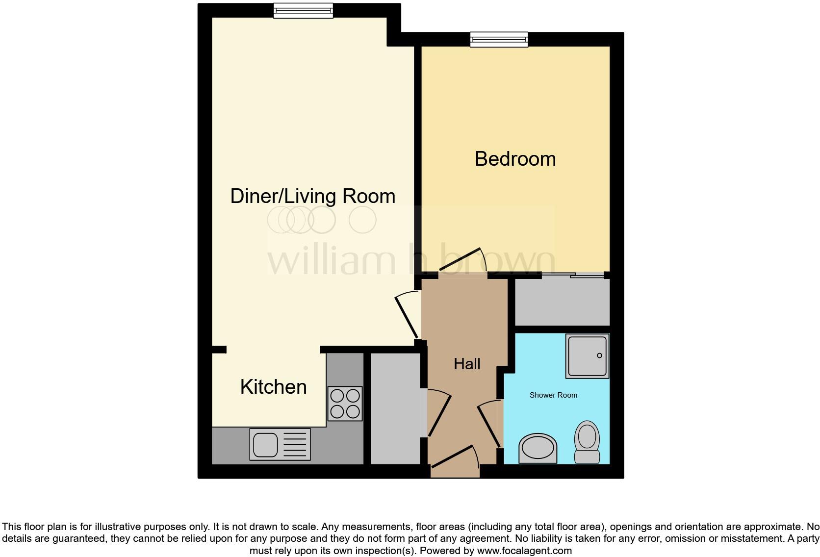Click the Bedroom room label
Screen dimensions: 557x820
pos(515,159)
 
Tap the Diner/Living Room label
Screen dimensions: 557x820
pos(312,196)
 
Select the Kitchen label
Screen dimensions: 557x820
pos(273,387)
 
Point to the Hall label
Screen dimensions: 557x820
pos(467,364)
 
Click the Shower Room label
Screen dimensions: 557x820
pos(553,395)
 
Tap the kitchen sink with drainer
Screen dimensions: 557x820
pos(280,444)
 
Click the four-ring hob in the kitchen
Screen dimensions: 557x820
pos(345,404)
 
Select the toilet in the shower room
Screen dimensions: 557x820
pos(587,441)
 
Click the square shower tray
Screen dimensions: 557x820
pos(587,356)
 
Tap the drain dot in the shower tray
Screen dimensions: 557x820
pos(599,355)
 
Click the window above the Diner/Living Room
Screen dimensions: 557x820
pos(303,10)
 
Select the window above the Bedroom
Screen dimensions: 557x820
pos(499,39)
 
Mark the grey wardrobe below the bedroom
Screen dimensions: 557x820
pos(562,301)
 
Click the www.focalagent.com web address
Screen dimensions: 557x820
pos(524,551)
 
